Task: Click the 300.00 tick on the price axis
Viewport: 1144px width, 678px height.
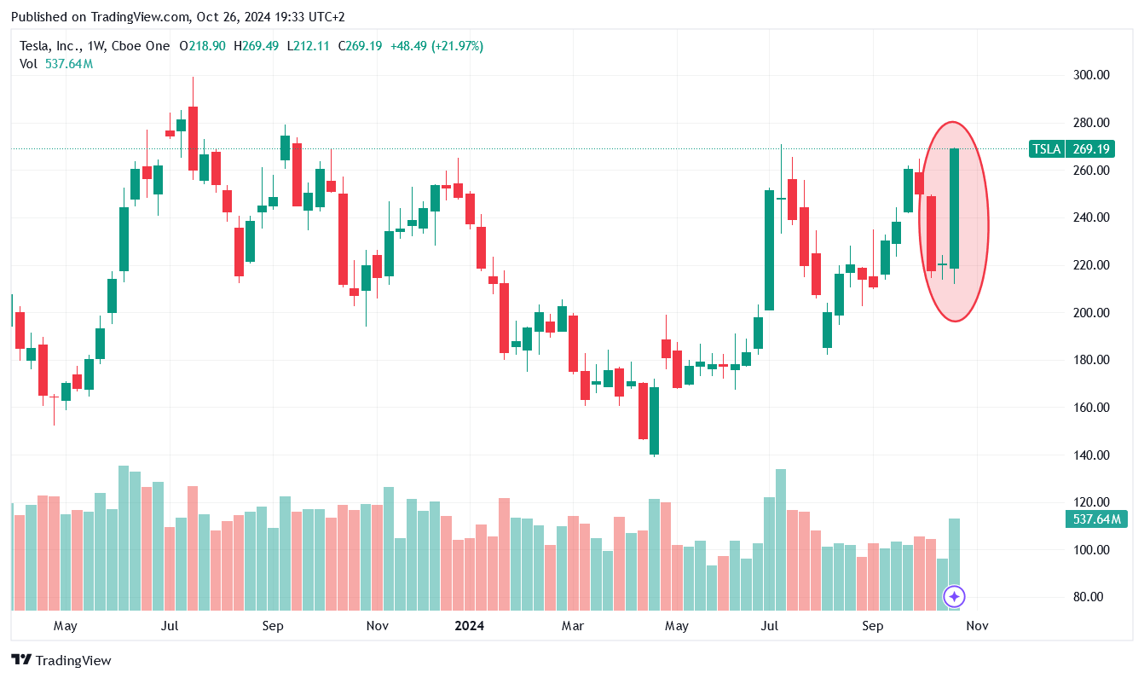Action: coord(1091,75)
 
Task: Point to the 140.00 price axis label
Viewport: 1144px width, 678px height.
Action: coord(1091,455)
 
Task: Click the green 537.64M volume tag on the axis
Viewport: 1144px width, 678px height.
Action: coord(1095,519)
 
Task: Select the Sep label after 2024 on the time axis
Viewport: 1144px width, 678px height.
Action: coord(873,626)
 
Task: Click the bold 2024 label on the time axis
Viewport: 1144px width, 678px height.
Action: coord(469,626)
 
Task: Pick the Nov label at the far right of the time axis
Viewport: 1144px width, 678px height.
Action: coord(977,626)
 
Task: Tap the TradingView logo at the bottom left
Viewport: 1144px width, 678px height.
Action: coord(61,660)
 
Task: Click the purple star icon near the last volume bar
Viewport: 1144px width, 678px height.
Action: coord(955,597)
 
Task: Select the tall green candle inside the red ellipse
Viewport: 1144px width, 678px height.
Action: coord(955,209)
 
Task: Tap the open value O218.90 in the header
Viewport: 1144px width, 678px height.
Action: coord(202,46)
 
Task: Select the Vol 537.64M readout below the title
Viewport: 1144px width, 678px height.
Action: coord(56,64)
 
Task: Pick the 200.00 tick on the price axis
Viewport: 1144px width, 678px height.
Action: coord(1091,313)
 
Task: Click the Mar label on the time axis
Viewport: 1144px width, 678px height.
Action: coord(573,626)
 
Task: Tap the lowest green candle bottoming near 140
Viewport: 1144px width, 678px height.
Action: coord(655,420)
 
